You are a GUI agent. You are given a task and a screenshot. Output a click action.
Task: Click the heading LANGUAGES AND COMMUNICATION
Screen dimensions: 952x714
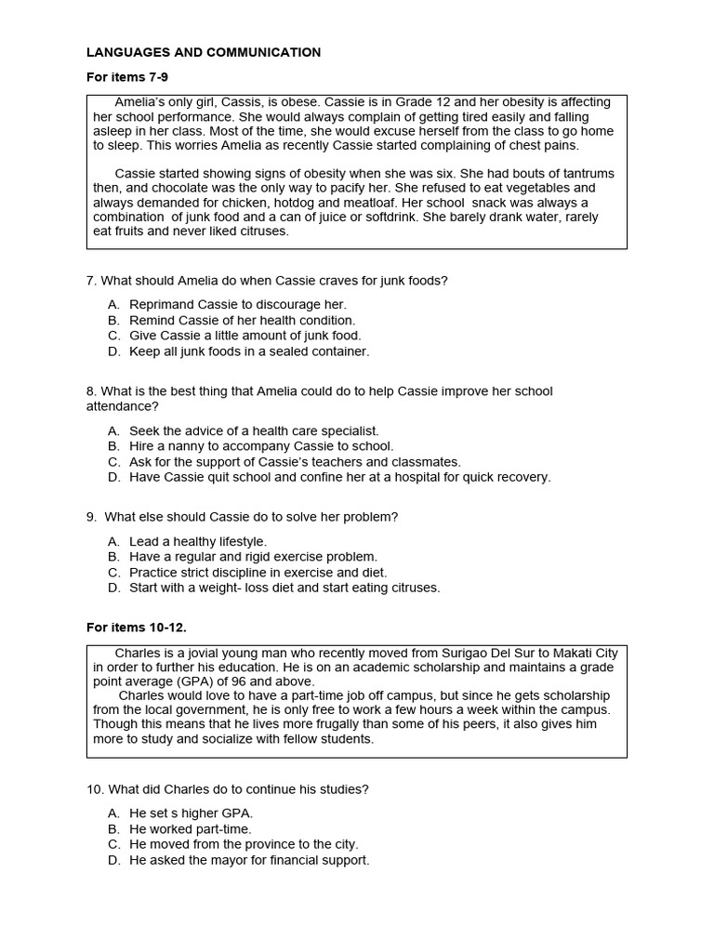click(204, 53)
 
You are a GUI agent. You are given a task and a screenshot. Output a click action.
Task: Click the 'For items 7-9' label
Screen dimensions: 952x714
click(127, 77)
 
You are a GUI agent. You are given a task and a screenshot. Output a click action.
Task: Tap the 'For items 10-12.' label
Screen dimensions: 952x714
click(137, 628)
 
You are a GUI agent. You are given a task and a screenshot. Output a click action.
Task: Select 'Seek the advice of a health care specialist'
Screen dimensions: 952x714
click(254, 430)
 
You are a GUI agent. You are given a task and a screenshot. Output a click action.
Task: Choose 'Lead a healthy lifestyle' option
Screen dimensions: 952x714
click(197, 541)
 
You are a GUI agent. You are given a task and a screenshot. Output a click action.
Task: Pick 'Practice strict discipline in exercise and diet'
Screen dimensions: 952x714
click(258, 573)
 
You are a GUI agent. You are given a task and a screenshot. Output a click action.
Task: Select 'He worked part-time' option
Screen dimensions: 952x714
click(190, 828)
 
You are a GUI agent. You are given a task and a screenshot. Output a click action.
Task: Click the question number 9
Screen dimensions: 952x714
click(91, 517)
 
